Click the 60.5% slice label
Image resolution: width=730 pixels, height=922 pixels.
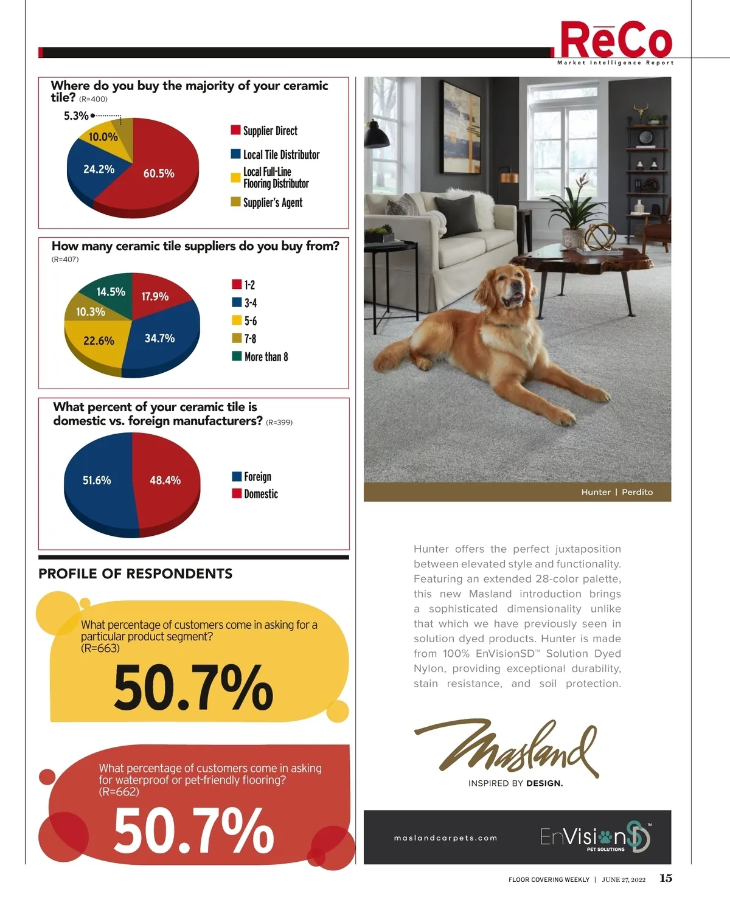[x=159, y=173]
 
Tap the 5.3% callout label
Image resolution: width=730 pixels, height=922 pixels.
[x=76, y=116]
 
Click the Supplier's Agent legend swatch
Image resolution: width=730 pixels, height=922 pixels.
[x=235, y=202]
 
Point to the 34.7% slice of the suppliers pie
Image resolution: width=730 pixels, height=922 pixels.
[x=159, y=338]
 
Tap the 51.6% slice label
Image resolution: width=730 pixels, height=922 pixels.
[x=97, y=480]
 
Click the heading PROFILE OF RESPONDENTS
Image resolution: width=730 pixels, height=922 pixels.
[x=135, y=574]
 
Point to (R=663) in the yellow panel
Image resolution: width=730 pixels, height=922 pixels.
[x=100, y=648]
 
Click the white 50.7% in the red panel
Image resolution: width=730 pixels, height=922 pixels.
[x=193, y=830]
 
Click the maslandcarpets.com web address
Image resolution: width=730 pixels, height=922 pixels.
[x=445, y=838]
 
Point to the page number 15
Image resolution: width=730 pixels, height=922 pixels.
[x=666, y=878]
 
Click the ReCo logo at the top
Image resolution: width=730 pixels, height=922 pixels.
[x=615, y=41]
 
